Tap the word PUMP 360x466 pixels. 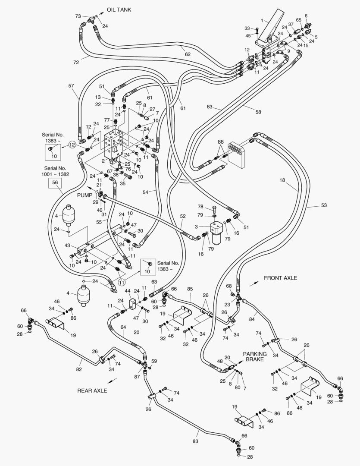point(85,195)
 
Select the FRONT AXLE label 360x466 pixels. point(280,278)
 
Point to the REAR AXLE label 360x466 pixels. point(92,390)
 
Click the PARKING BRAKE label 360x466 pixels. point(255,356)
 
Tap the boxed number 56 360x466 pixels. point(55,183)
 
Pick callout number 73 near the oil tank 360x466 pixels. point(78,16)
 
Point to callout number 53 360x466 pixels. point(324,205)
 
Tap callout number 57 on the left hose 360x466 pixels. point(71,86)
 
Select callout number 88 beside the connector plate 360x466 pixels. point(220,142)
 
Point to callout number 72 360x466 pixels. point(76,63)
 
